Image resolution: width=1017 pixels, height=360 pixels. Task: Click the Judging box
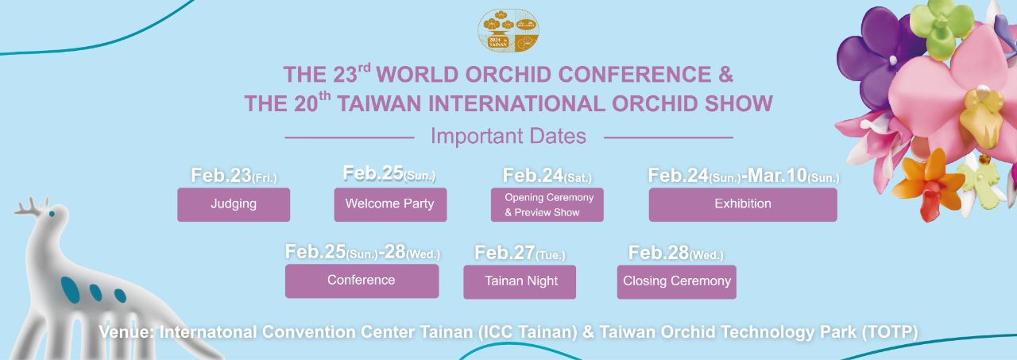coord(234,205)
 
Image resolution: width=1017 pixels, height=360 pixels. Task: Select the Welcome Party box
coord(390,205)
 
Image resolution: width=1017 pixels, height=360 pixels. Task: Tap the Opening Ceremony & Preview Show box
coord(547,205)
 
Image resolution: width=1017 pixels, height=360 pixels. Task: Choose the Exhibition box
coord(743,205)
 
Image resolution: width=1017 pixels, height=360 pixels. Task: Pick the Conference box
coord(362,281)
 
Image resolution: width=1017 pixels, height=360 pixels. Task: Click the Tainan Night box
coord(520,282)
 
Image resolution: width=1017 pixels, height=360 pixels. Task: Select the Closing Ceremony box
coord(676,282)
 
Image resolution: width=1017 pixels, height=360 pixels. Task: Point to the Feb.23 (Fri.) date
coord(234,176)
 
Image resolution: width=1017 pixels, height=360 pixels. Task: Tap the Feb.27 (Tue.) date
coord(520,253)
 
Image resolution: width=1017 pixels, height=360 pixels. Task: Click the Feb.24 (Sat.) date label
coord(547,176)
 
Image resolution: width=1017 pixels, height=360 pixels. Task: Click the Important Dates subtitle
coord(508,136)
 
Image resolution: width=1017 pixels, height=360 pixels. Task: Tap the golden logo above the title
coord(508,30)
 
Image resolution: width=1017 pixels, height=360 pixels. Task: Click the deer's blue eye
coord(52,214)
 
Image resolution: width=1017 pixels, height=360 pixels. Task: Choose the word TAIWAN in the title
coord(379,103)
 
